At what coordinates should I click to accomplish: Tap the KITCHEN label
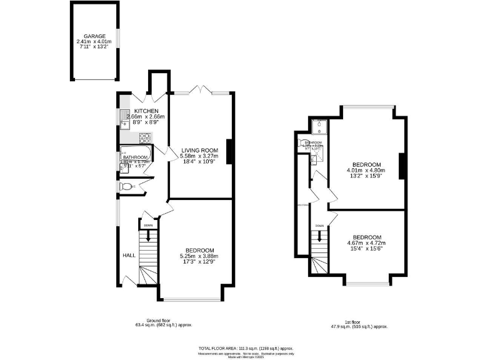[146, 111]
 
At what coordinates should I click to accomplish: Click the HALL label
[129, 255]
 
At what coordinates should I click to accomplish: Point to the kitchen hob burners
[145, 137]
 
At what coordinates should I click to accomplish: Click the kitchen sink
[124, 118]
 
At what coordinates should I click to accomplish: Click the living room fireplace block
[230, 150]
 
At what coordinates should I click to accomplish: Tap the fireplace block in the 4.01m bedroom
[402, 164]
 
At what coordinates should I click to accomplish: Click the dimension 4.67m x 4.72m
[367, 243]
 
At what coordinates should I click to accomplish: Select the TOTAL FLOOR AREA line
[245, 347]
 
